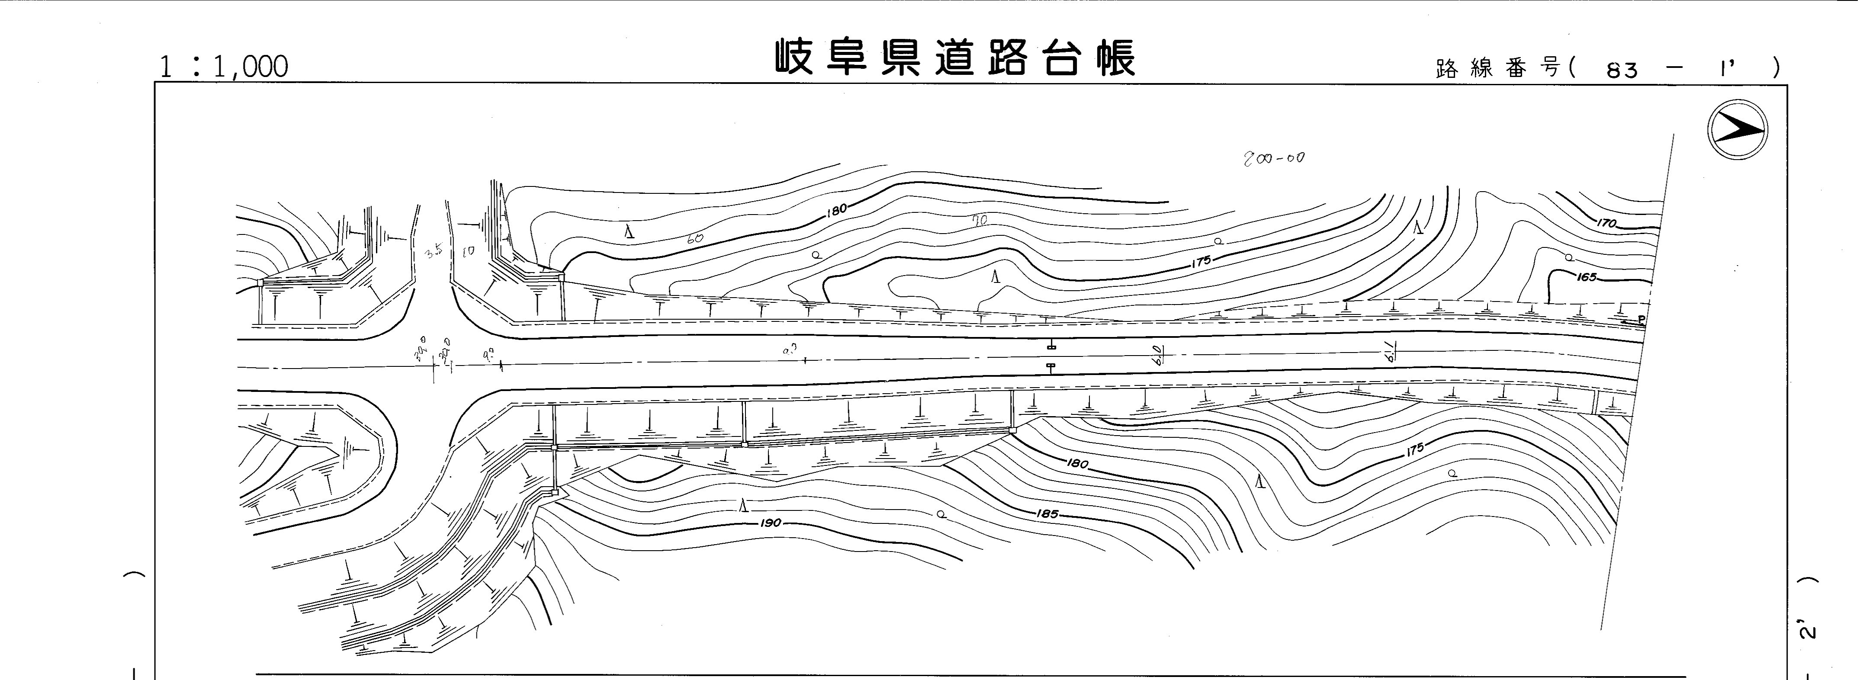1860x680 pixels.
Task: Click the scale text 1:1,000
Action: click(x=223, y=67)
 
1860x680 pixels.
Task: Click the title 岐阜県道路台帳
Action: click(x=955, y=58)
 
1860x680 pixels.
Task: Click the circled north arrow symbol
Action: click(x=1737, y=130)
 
